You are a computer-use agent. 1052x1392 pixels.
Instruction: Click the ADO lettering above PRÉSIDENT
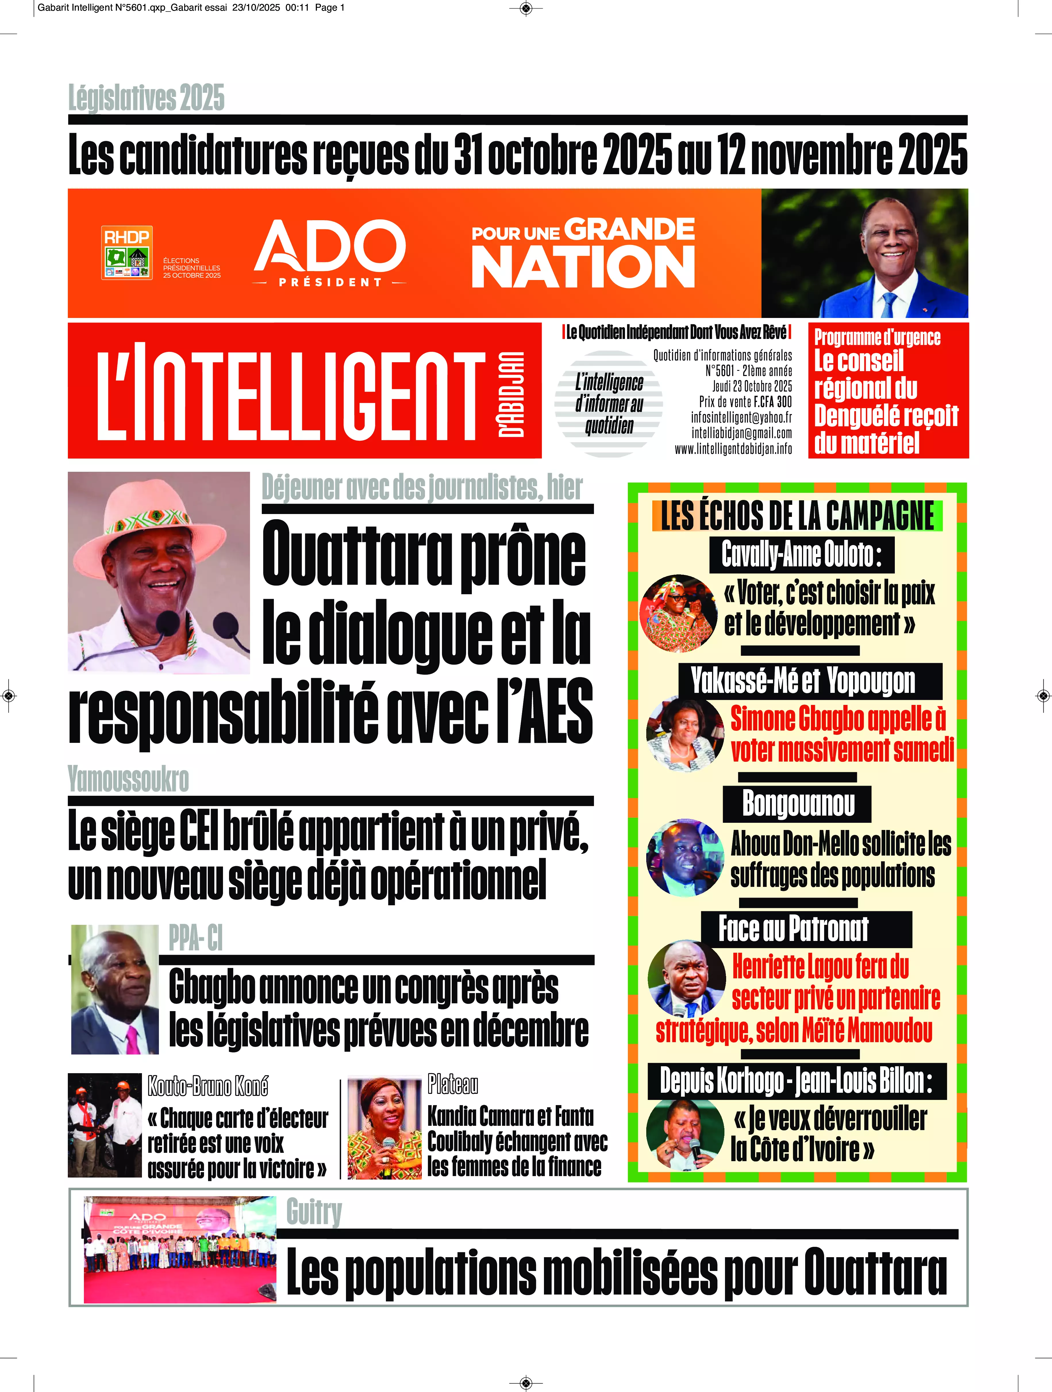(330, 246)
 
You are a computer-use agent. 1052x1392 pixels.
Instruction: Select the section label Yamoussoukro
(128, 780)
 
